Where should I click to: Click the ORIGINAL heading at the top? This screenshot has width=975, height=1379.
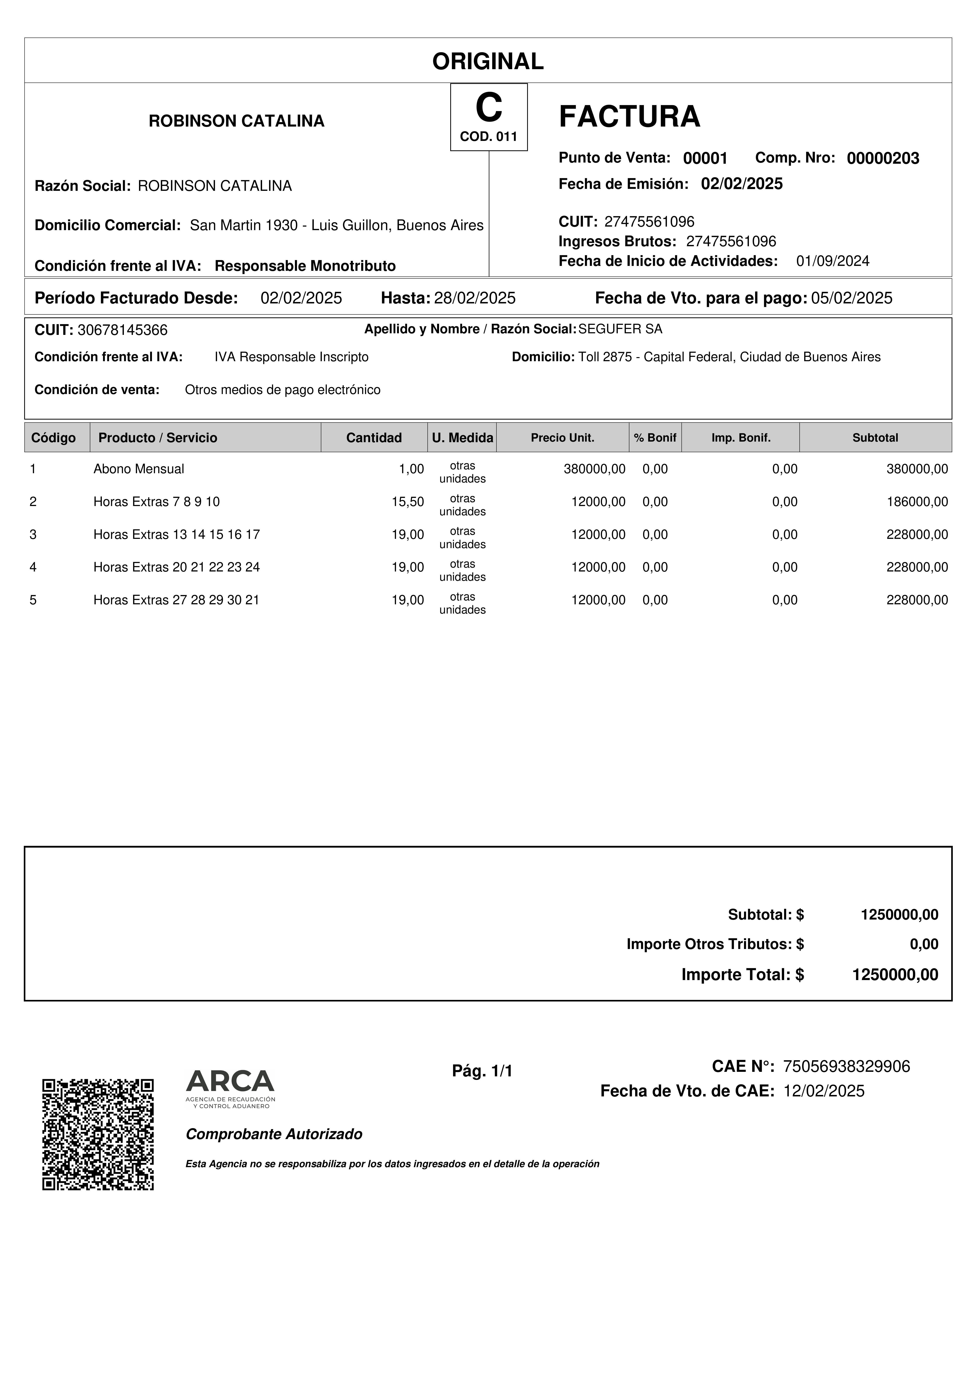[488, 61]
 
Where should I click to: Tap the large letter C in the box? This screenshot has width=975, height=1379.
[488, 109]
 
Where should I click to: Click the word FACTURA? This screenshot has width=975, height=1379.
[629, 117]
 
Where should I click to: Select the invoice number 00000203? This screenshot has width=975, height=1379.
[882, 159]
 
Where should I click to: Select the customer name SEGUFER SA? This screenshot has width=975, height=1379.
[620, 329]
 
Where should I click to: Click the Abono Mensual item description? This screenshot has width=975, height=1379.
[139, 469]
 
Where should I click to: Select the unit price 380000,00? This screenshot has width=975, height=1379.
[594, 469]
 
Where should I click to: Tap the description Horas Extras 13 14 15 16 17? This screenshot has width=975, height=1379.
[177, 535]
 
